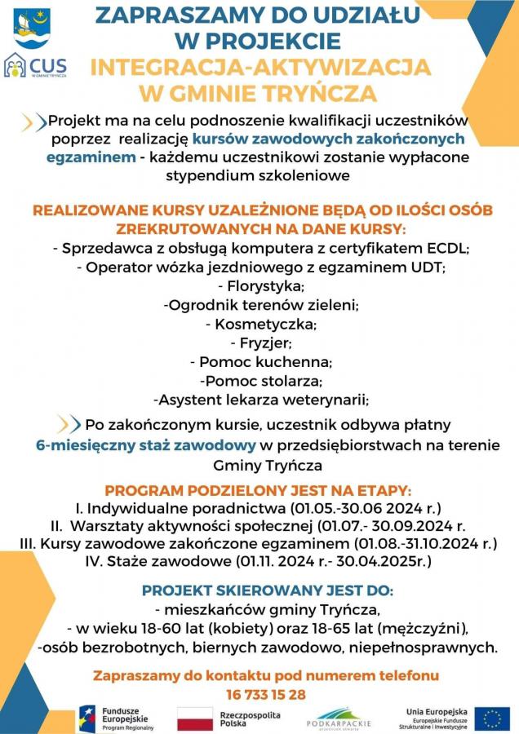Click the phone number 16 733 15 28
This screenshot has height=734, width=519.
[x=265, y=694]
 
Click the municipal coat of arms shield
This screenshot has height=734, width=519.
[x=32, y=28]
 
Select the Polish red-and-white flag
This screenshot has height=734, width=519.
[x=195, y=719]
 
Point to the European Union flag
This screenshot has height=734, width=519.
[x=492, y=719]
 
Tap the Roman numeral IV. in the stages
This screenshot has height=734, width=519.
[x=94, y=562]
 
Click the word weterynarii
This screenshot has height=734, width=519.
[x=325, y=400]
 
